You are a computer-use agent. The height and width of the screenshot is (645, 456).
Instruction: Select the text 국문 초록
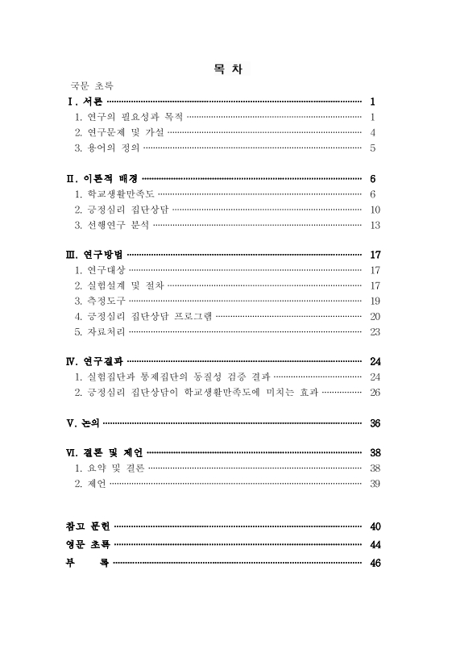point(90,85)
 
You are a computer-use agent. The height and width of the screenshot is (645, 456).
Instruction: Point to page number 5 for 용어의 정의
point(373,148)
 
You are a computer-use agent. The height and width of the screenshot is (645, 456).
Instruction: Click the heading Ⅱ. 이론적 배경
point(101,178)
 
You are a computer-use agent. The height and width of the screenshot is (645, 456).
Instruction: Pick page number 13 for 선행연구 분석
point(375,224)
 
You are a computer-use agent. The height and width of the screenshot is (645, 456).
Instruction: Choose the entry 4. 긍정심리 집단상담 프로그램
point(143,316)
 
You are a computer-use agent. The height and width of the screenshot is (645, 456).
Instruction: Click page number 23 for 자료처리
point(375,331)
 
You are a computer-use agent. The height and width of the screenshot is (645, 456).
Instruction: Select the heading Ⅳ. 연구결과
point(94,361)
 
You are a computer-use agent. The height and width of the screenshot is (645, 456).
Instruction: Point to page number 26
point(375,392)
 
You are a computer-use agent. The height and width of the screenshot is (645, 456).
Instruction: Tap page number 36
point(375,422)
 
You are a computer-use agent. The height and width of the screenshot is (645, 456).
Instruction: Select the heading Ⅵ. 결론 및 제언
point(104,453)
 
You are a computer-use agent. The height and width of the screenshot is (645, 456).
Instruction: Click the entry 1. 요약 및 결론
point(109,468)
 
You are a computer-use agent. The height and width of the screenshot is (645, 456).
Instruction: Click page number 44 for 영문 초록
point(375,544)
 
